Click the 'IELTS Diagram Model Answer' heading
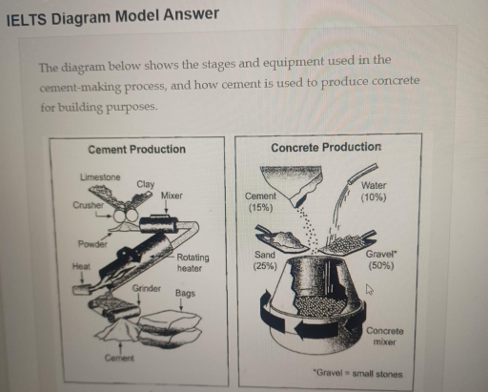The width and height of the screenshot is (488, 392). point(112,14)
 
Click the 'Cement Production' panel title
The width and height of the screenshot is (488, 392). point(136,150)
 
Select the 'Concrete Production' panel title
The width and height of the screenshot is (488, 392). point(325,148)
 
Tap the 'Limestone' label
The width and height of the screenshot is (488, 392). point(99,177)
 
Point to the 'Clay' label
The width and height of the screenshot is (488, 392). point(146,183)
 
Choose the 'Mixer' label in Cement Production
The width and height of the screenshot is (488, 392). point(172,196)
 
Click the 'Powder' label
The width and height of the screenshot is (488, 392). point(91,244)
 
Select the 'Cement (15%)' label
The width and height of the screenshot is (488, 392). point(260,201)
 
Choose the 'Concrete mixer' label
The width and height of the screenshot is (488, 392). point(383,337)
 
